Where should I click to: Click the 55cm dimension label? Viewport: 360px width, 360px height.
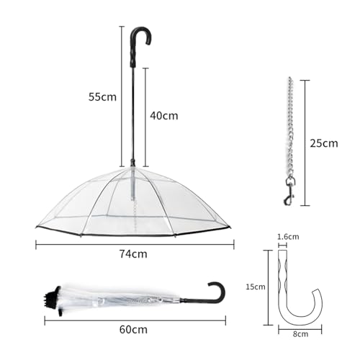tap(102, 97)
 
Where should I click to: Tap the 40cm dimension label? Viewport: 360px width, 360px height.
tap(164, 116)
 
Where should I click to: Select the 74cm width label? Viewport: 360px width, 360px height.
tap(133, 254)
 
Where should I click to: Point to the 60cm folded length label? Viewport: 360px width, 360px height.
tap(133, 330)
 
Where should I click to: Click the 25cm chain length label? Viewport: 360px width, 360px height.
tap(324, 143)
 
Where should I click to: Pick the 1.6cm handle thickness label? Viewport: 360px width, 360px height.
tap(288, 237)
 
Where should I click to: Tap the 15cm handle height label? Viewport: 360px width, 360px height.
tap(256, 287)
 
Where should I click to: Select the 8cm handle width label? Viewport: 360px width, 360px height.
tap(300, 334)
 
